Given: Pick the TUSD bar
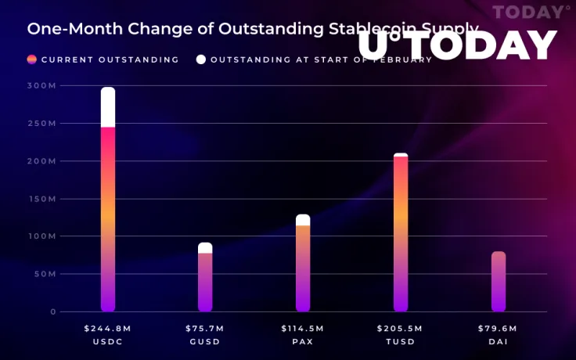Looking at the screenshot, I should [x=401, y=235].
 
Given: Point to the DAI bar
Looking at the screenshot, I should [x=499, y=282].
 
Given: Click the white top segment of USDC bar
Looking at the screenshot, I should [x=108, y=107].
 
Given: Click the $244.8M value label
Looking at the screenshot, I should [x=108, y=329].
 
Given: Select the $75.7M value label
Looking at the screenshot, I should [x=205, y=329].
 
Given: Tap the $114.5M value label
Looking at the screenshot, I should [x=303, y=329].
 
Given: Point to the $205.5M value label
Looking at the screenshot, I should [x=401, y=329].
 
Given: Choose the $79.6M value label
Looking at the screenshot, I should [x=499, y=329].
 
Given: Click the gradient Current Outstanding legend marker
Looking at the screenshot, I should [x=32, y=59].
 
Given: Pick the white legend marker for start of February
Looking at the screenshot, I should [x=201, y=59].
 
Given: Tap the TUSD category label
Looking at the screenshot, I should [x=401, y=342].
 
